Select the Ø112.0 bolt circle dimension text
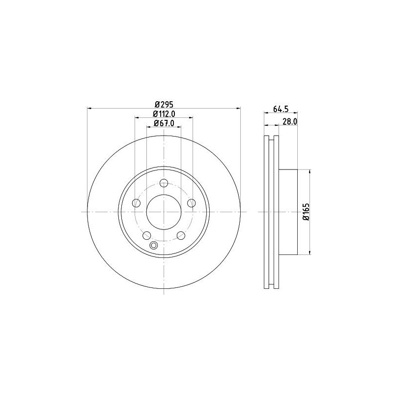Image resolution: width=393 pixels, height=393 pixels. tap(165, 114)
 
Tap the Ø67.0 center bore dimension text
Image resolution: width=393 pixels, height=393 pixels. tap(165, 123)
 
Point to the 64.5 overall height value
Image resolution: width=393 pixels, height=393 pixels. tap(280, 109)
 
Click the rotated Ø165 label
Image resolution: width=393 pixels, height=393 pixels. tap(305, 212)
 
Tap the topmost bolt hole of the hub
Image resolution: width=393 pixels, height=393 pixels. tap(164, 182)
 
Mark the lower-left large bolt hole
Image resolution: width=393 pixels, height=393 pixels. tap(147, 235)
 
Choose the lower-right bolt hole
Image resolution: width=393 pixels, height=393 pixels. tap(181, 235)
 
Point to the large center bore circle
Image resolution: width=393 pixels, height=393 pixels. tap(164, 212)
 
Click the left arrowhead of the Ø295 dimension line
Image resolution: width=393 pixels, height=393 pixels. tap(89, 108)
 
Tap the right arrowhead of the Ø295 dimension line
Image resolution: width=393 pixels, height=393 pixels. tap(239, 108)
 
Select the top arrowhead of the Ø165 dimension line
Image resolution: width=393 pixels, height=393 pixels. tap(310, 171)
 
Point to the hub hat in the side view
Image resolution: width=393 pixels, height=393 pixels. tap(288, 212)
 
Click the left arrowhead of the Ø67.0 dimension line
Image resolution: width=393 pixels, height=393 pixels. tap(148, 127)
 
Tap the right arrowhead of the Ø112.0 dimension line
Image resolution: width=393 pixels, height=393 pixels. tap(191, 118)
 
